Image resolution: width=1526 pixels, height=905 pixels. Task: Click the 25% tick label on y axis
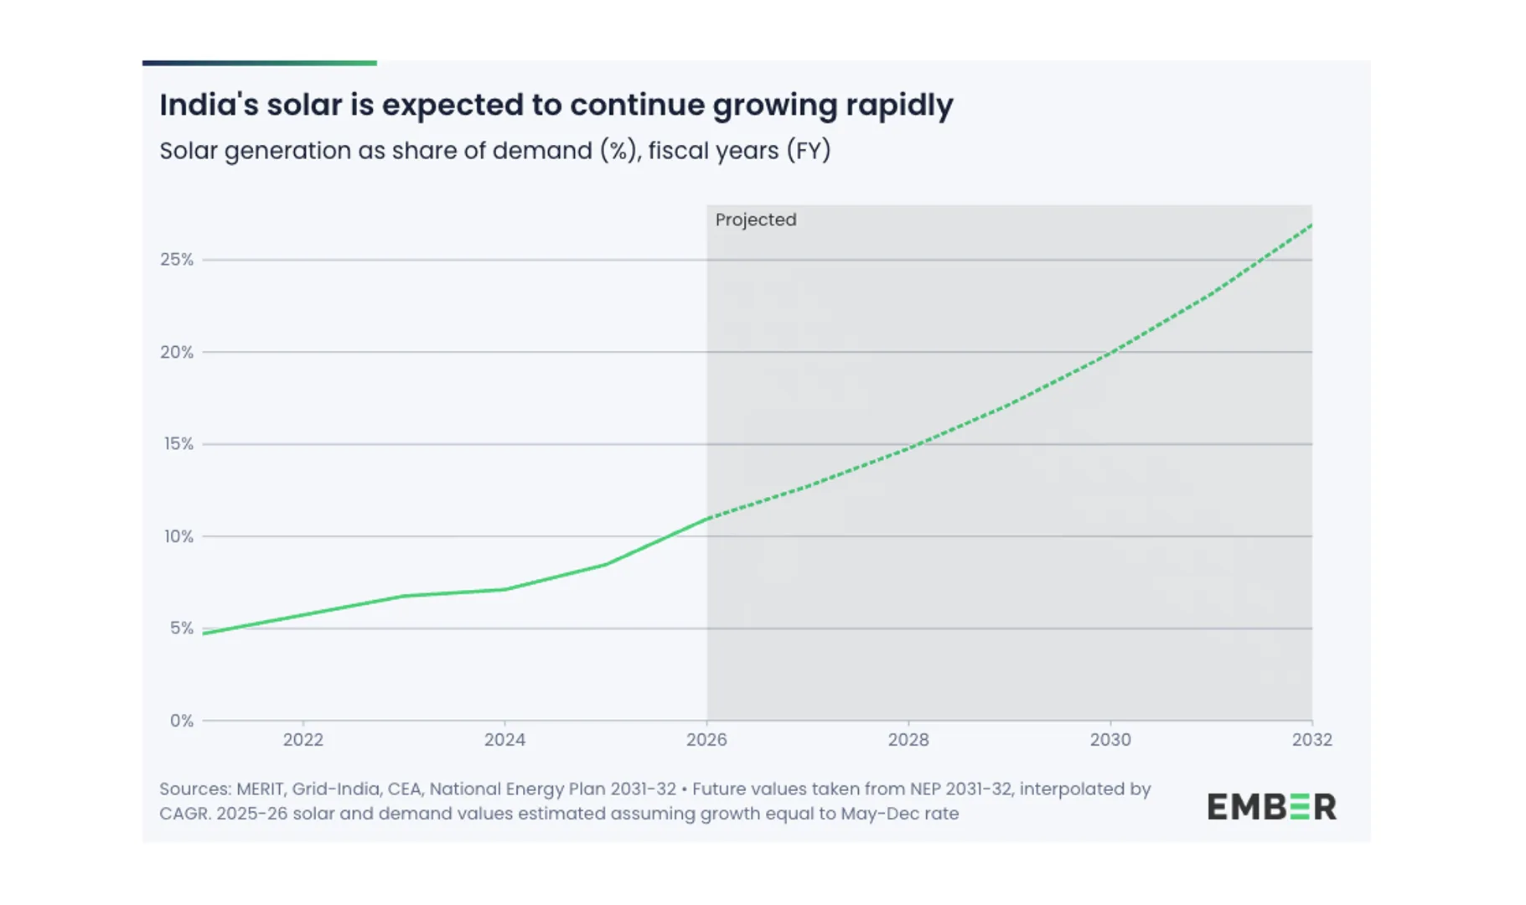176,260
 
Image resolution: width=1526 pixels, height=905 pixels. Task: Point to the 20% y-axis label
176,352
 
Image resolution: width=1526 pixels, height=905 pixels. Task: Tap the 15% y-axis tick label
178,444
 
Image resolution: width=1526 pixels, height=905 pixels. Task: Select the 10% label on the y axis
178,536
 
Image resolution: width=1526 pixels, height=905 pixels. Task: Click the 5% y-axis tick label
181,628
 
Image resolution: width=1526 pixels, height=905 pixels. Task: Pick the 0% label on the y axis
181,721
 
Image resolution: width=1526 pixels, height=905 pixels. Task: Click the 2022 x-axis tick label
303,740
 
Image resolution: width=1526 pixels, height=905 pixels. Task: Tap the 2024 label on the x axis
504,740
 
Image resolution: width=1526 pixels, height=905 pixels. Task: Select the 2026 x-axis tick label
706,740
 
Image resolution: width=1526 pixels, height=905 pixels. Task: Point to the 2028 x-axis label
908,740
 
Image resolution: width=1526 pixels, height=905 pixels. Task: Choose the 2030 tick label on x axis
1110,740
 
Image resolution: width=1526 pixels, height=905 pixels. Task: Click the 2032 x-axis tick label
1311,740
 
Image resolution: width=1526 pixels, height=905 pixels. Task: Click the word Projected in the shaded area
755,220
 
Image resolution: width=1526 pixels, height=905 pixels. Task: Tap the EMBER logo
1271,806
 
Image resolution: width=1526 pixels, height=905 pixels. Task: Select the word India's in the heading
208,105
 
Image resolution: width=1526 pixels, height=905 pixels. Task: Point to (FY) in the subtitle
808,151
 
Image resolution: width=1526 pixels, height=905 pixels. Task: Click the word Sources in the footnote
194,789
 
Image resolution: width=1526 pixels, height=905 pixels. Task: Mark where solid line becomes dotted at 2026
707,518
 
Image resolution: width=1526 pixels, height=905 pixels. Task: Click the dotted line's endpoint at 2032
1311,225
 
